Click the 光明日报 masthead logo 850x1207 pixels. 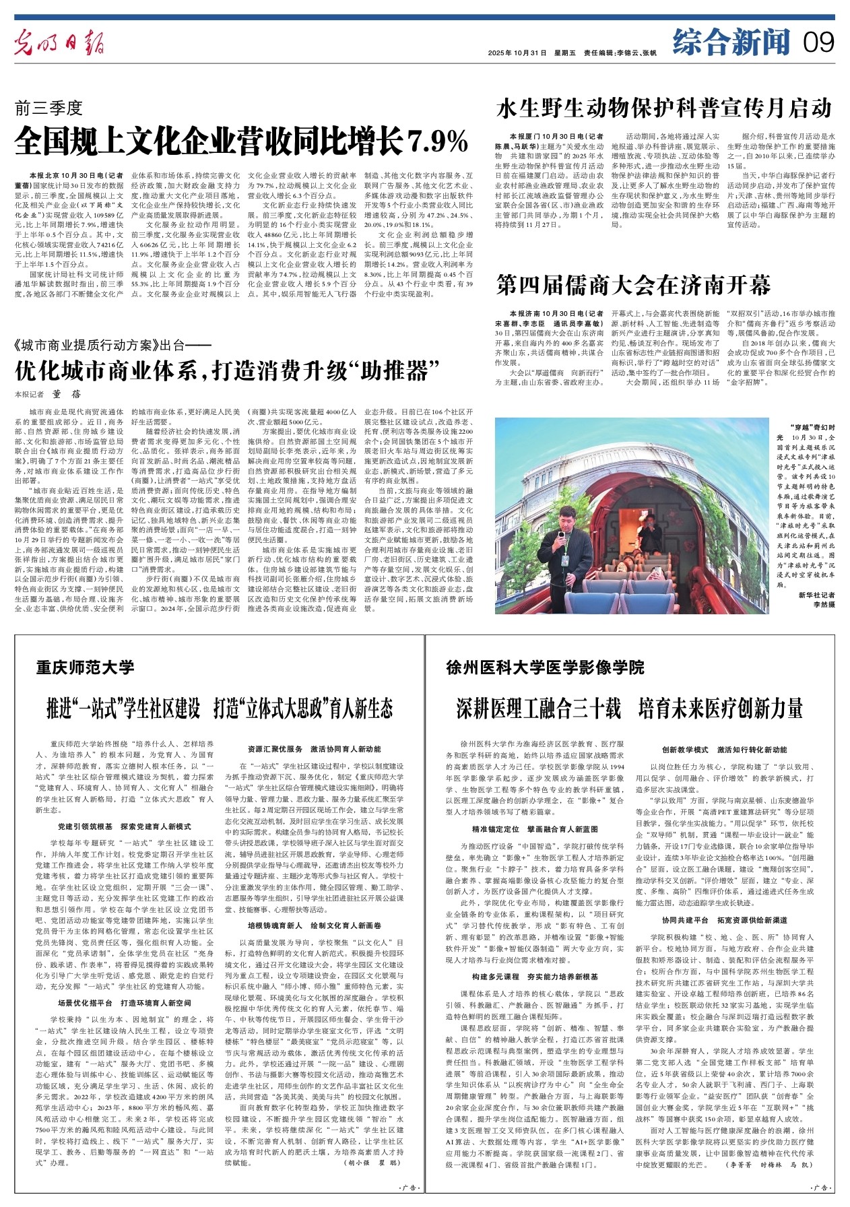[60, 44]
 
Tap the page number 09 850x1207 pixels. [818, 43]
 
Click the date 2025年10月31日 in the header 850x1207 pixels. [517, 53]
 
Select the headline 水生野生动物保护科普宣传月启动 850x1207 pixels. [664, 108]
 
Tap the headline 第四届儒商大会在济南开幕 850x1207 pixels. [633, 286]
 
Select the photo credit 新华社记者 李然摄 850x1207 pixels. [816, 605]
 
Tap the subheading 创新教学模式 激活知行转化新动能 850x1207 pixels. [724, 749]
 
